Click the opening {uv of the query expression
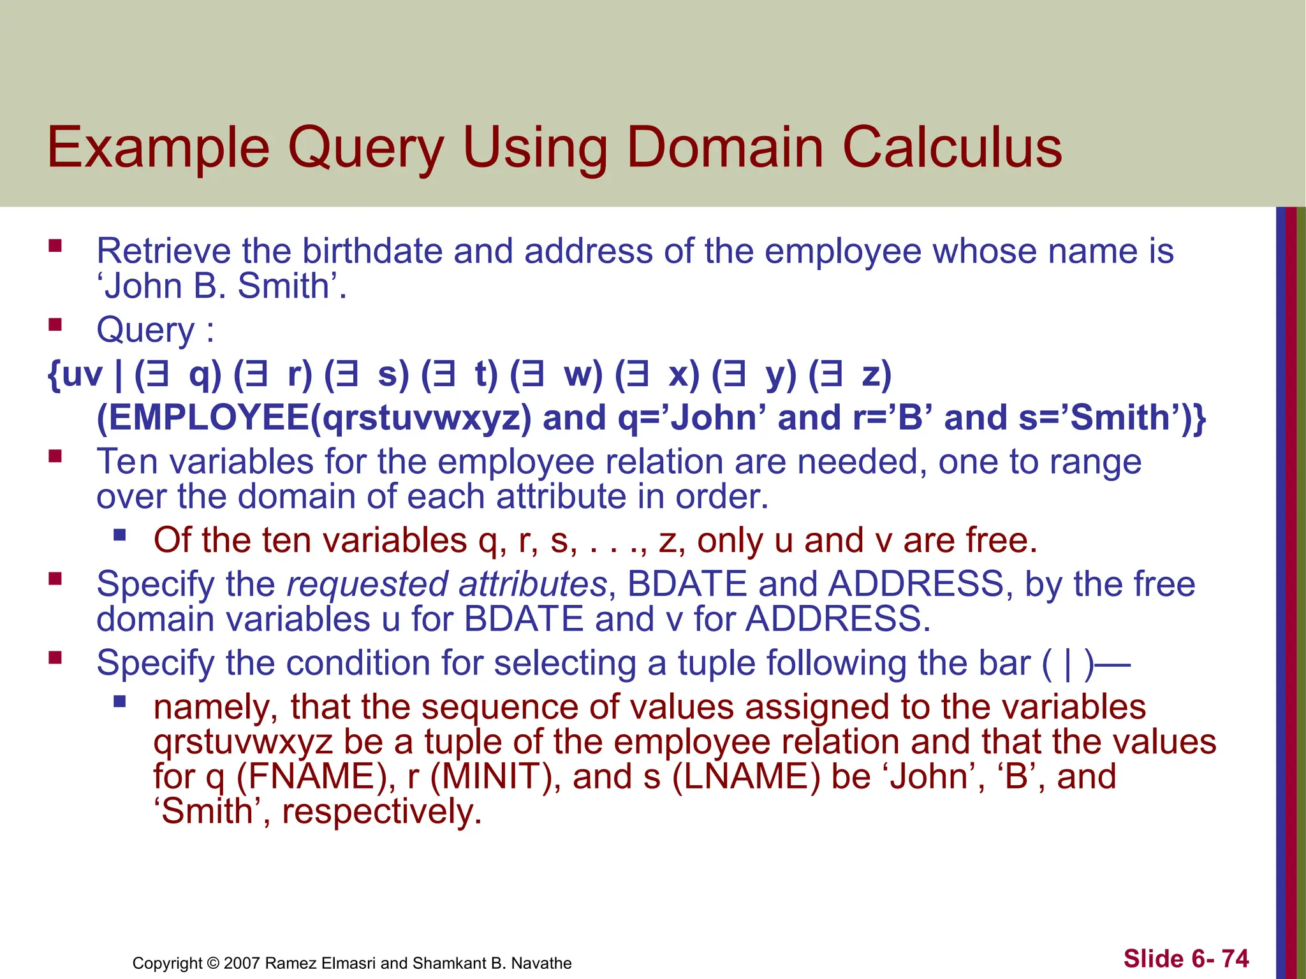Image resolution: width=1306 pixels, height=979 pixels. (x=75, y=374)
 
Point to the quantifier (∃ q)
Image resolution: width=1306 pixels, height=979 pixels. (x=178, y=374)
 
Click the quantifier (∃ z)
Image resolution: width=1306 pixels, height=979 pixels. (x=850, y=374)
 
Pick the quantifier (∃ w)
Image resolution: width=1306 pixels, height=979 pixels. (x=557, y=374)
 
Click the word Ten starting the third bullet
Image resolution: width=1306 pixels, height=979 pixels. (x=127, y=461)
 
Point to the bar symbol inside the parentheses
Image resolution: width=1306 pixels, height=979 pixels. (x=1068, y=664)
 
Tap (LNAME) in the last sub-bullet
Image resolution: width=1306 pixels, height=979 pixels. (x=746, y=776)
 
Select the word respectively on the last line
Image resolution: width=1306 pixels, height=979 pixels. (x=381, y=811)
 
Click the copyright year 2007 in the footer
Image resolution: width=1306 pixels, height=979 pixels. (x=242, y=963)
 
